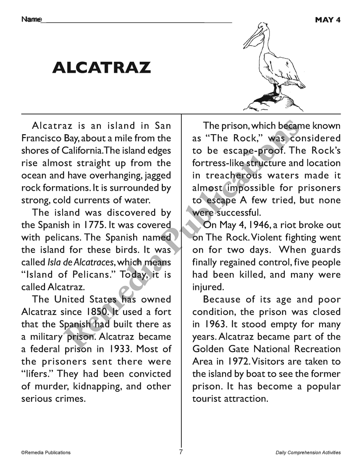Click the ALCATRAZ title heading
(x=101, y=68)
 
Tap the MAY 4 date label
(x=328, y=20)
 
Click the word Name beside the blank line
(x=31, y=20)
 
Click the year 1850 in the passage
(x=97, y=312)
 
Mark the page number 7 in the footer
(x=181, y=452)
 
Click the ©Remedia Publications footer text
(x=46, y=453)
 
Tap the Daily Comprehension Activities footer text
(x=308, y=453)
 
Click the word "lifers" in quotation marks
(x=37, y=374)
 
